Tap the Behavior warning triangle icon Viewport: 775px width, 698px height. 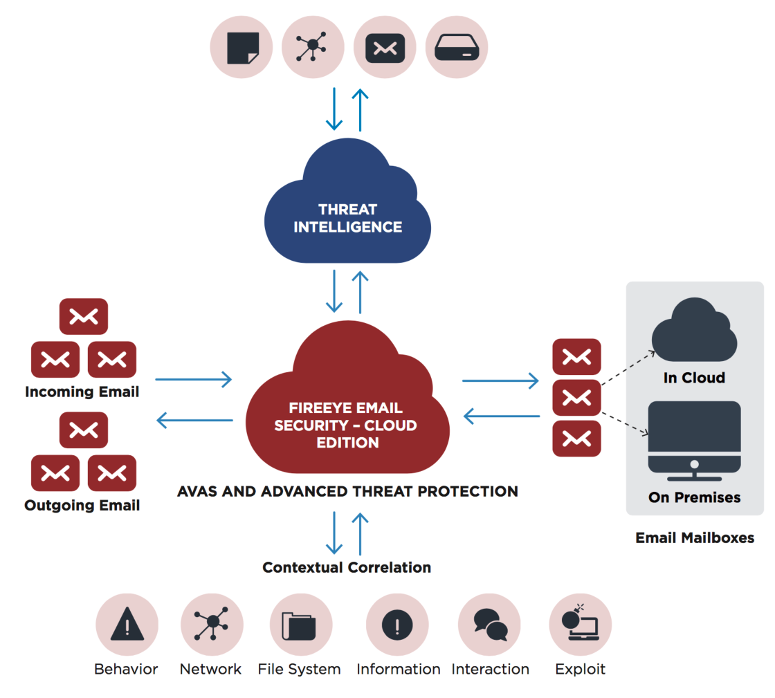pyautogui.click(x=127, y=625)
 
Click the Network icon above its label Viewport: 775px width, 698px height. pyautogui.click(x=211, y=625)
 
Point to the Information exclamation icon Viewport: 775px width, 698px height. pyautogui.click(x=397, y=625)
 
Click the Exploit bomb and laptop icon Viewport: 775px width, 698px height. pyautogui.click(x=580, y=625)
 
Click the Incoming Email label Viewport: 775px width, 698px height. pyautogui.click(x=82, y=392)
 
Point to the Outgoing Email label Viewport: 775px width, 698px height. pyautogui.click(x=82, y=506)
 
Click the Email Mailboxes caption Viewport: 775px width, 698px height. pyautogui.click(x=695, y=538)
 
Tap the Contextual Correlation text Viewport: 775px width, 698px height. pyautogui.click(x=347, y=568)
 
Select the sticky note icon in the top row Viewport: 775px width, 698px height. pyautogui.click(x=242, y=48)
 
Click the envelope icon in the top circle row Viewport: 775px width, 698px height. pyautogui.click(x=385, y=48)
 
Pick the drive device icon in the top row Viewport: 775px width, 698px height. pyautogui.click(x=457, y=48)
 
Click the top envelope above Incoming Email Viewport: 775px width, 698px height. pyautogui.click(x=84, y=316)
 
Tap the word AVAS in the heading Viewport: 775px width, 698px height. pyautogui.click(x=199, y=492)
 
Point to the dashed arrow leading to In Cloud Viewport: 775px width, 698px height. pyautogui.click(x=628, y=368)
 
